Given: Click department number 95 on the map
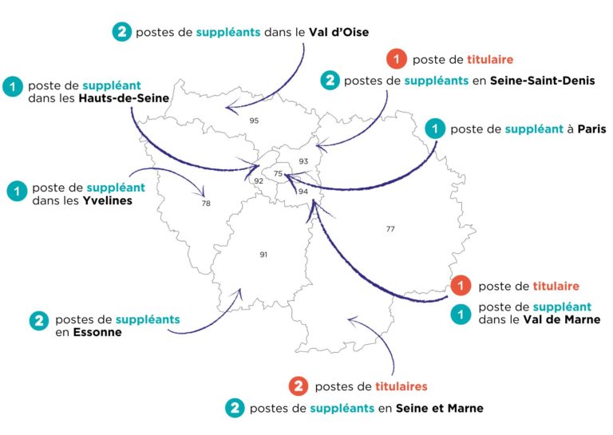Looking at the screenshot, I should pyautogui.click(x=254, y=121).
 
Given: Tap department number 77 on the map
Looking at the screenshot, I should pyautogui.click(x=390, y=229).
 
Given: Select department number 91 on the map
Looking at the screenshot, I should pyautogui.click(x=263, y=254).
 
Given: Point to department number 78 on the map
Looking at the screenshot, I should pyautogui.click(x=206, y=204).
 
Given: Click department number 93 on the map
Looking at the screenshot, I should pyautogui.click(x=303, y=161).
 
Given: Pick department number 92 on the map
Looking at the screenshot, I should pyautogui.click(x=259, y=181).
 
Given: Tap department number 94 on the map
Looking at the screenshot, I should pyautogui.click(x=303, y=192).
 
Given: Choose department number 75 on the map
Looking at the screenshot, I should pyautogui.click(x=279, y=174).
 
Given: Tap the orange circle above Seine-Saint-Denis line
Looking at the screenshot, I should pyautogui.click(x=395, y=58).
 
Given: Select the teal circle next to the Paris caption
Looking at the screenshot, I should pyautogui.click(x=434, y=129).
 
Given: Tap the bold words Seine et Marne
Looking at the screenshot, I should pyautogui.click(x=444, y=408).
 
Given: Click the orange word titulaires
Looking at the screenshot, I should pyautogui.click(x=401, y=386).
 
